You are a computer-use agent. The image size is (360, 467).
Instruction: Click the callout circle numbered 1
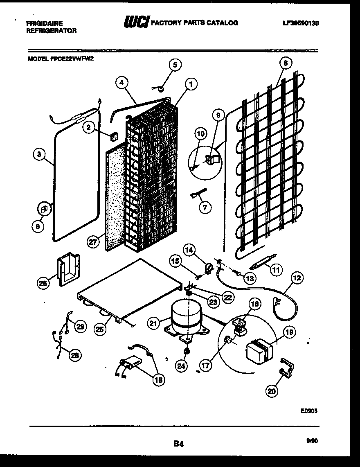tap(190, 84)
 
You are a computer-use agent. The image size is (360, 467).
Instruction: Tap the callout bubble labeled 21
tap(153, 323)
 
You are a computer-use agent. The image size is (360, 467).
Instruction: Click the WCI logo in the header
tap(136, 23)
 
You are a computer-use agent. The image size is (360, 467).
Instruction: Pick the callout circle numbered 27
tap(93, 242)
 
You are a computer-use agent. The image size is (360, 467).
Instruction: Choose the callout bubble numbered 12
tap(297, 278)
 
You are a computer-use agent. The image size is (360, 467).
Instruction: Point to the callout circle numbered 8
tap(285, 63)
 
